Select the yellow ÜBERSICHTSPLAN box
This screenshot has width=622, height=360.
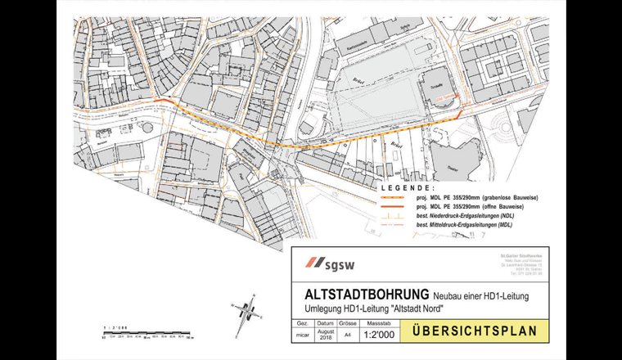click(x=475, y=332)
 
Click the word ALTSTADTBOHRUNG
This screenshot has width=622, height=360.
click(x=357, y=293)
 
